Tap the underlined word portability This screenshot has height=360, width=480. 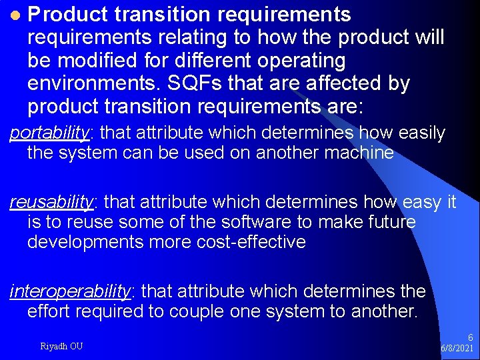pyautogui.click(x=49, y=133)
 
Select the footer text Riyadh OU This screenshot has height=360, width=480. pyautogui.click(x=62, y=346)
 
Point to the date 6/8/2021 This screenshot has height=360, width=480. pyautogui.click(x=457, y=349)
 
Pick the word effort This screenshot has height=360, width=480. pyautogui.click(x=46, y=311)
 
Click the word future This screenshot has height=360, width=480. pyautogui.click(x=387, y=222)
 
